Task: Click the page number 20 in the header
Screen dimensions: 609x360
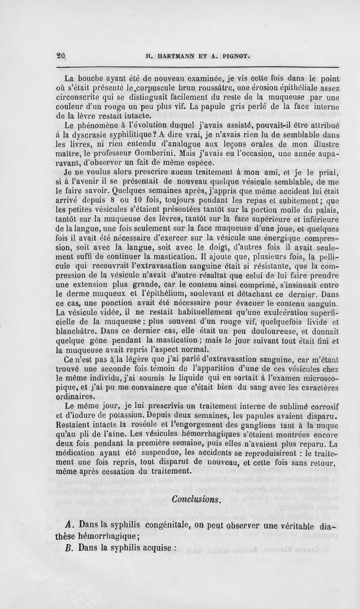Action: [x=61, y=56]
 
